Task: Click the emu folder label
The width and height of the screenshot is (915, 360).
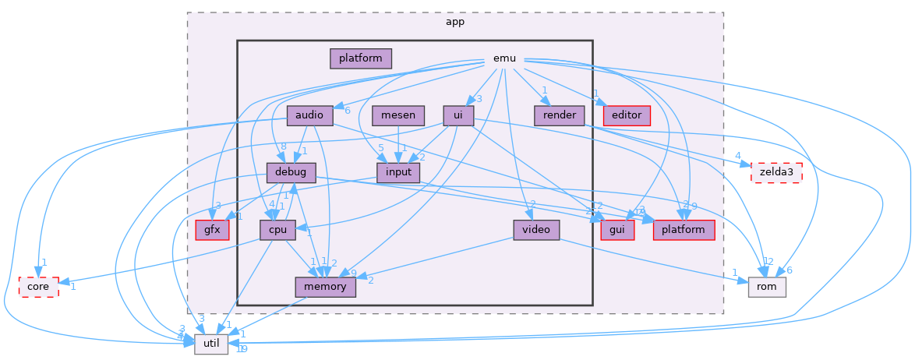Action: [504, 58]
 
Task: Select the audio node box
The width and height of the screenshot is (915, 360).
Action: [310, 115]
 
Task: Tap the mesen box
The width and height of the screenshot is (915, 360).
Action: [397, 115]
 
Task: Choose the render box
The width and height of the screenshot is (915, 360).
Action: [560, 115]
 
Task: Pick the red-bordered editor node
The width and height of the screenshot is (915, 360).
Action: [627, 115]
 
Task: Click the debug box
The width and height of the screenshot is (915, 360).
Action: [291, 172]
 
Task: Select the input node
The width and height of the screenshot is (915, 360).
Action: [397, 172]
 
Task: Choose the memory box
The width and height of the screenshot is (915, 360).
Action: [326, 286]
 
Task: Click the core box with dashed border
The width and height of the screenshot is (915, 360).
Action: [38, 286]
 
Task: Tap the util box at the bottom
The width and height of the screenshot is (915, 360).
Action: [211, 344]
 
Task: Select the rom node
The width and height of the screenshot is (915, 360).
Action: [767, 286]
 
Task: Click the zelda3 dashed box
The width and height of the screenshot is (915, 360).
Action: [775, 172]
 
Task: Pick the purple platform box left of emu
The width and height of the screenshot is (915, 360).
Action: [360, 58]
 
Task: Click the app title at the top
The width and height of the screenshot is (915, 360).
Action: [455, 22]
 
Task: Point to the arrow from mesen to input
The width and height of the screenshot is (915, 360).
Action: [398, 144]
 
